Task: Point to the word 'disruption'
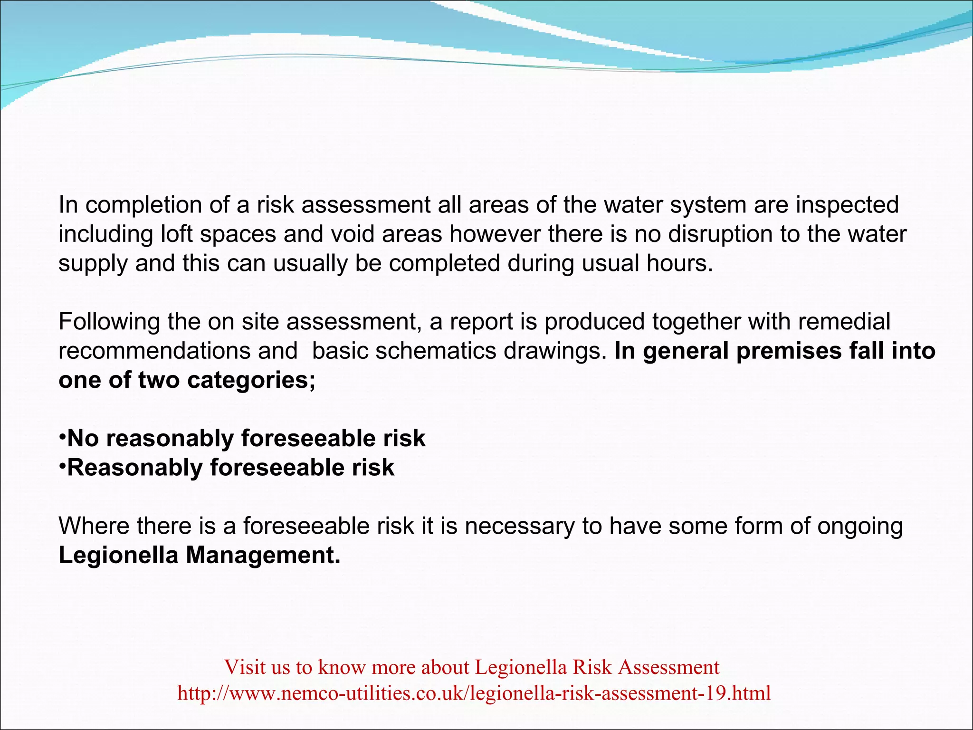727,234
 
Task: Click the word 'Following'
109,322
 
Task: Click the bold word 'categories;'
251,381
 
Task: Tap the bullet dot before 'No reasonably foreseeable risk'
62,436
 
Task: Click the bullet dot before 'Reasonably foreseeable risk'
62,466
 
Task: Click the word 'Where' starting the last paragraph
94,526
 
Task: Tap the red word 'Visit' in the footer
245,667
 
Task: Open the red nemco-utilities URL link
474,693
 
